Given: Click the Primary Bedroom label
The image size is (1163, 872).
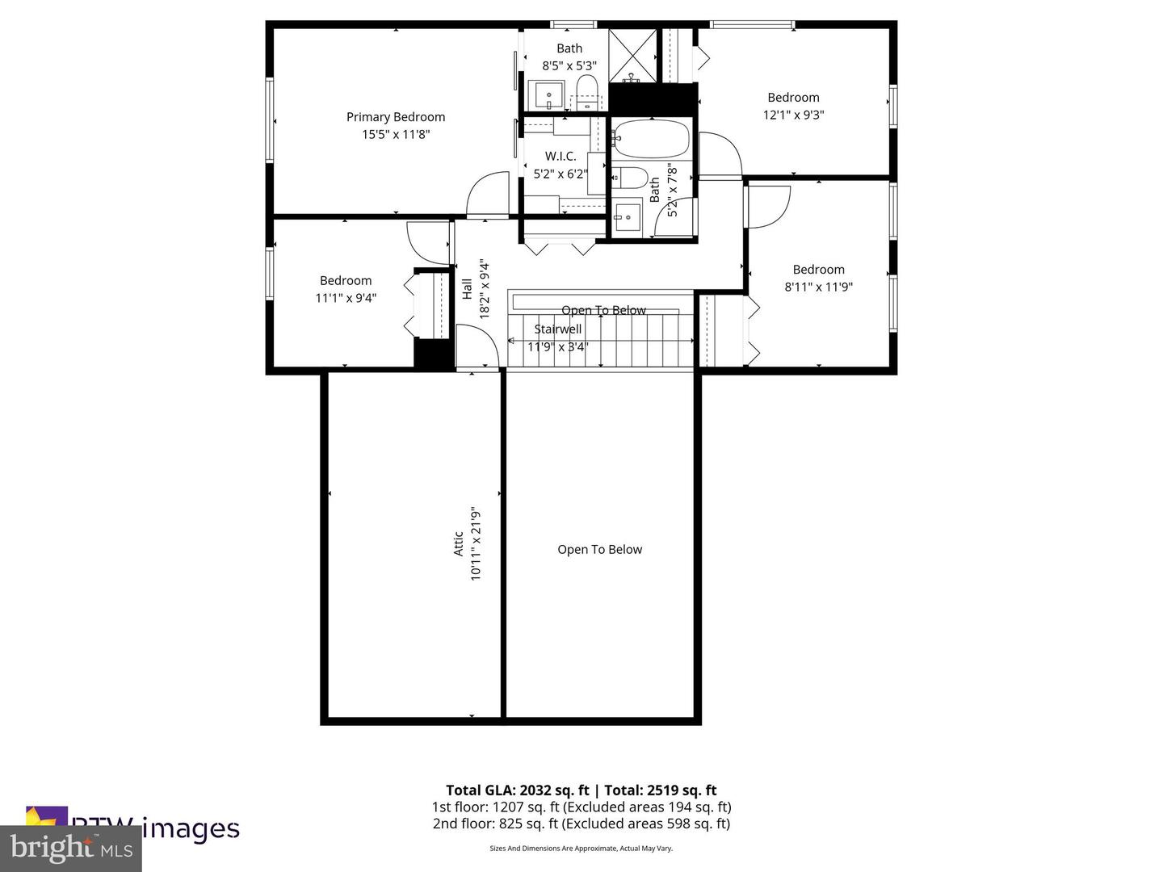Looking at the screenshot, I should point(396,117).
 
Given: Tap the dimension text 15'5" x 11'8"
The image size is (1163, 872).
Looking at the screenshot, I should point(396,134).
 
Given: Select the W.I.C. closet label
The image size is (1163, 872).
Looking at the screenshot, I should point(561,156).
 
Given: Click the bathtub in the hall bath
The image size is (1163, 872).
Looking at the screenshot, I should point(651,140).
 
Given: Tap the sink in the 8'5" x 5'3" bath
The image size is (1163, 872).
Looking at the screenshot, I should point(549,95).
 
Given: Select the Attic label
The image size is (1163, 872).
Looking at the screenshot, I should point(459,543).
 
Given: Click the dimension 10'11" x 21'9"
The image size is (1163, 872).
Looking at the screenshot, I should point(476,543).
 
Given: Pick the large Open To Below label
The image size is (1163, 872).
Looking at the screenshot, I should point(599,550).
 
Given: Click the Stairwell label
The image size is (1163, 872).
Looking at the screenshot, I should point(557,329).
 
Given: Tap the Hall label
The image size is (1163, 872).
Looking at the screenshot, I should point(467,289).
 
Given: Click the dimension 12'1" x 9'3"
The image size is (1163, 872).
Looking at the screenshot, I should point(793,115).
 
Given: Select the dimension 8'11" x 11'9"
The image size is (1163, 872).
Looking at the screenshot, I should point(818,287).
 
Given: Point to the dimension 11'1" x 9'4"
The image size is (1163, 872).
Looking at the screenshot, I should point(346,298).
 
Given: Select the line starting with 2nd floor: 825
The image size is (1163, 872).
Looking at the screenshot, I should point(581,824).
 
